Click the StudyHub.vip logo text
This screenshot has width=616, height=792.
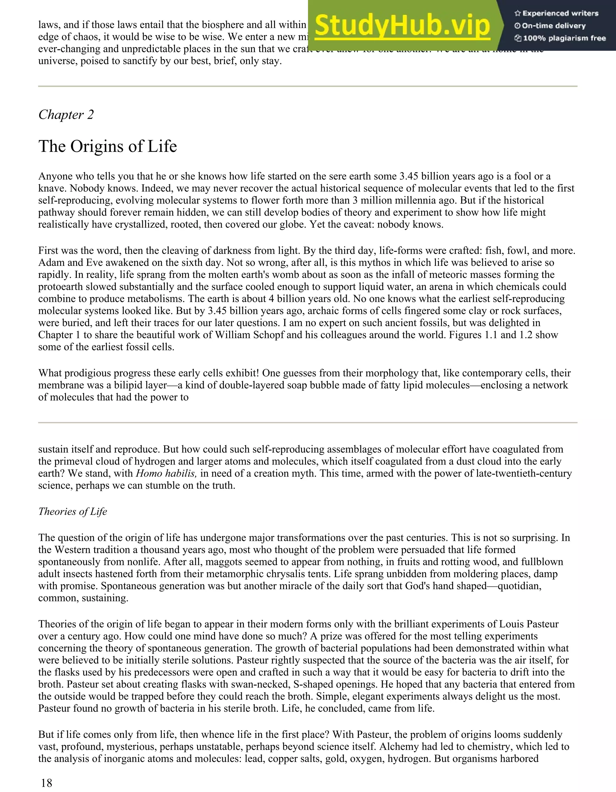tap(402, 25)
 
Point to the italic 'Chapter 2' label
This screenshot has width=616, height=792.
tap(66, 115)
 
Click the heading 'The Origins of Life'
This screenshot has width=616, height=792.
tap(108, 146)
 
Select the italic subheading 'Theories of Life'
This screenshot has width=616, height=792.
tap(72, 511)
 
